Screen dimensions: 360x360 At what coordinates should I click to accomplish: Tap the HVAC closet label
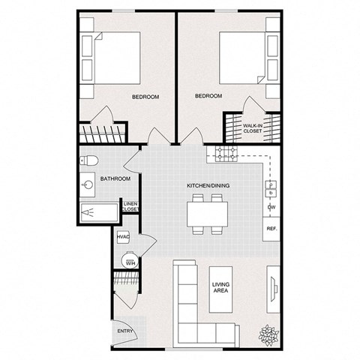point(124,238)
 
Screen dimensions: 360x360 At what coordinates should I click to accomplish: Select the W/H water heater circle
point(129,262)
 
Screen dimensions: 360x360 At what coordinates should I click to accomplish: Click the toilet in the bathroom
point(88,160)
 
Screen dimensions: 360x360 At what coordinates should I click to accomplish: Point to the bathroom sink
point(88,183)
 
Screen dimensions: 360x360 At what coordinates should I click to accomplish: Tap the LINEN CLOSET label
point(130,206)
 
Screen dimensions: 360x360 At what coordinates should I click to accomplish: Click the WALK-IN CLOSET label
point(253,127)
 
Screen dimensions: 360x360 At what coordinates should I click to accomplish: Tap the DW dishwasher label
point(270,207)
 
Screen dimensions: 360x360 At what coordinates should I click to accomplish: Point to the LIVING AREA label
point(220,288)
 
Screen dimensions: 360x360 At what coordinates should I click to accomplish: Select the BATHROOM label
point(116,179)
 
